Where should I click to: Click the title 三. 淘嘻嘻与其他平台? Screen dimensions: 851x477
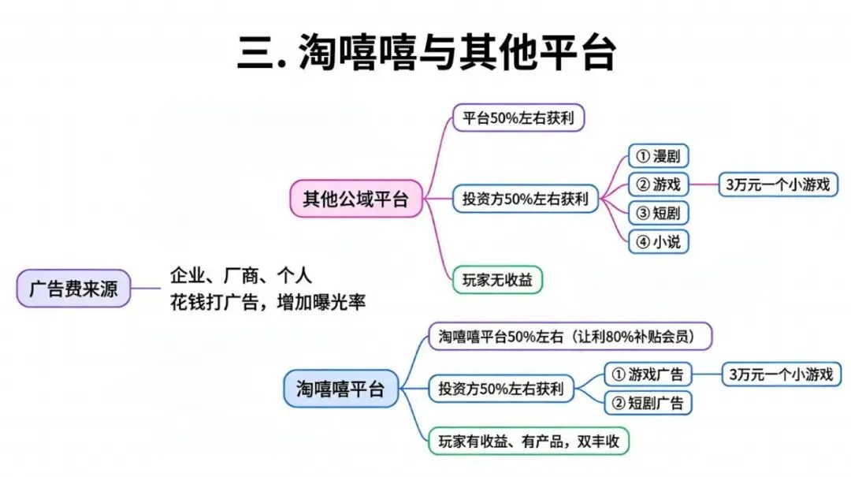point(425,53)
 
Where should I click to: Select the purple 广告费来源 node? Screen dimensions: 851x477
point(73,289)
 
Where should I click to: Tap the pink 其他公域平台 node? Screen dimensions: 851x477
point(356,199)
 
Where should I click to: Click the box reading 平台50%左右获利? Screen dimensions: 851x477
point(518,118)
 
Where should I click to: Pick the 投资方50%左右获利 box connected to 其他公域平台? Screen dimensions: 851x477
point(526,199)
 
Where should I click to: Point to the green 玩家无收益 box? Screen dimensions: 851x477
point(497,279)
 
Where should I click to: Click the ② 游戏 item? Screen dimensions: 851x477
point(658,184)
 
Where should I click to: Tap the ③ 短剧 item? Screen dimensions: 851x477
point(657,213)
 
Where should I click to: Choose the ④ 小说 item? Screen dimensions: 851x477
point(657,241)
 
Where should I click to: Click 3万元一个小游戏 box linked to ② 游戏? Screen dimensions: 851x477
point(778,184)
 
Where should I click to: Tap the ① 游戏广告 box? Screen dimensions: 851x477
point(647,374)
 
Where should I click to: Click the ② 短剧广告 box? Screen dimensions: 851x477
point(647,403)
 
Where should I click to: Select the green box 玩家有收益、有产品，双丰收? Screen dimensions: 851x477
point(528,441)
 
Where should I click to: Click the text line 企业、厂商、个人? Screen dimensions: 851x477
point(241,276)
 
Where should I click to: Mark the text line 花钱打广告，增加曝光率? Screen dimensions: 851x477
point(268,302)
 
